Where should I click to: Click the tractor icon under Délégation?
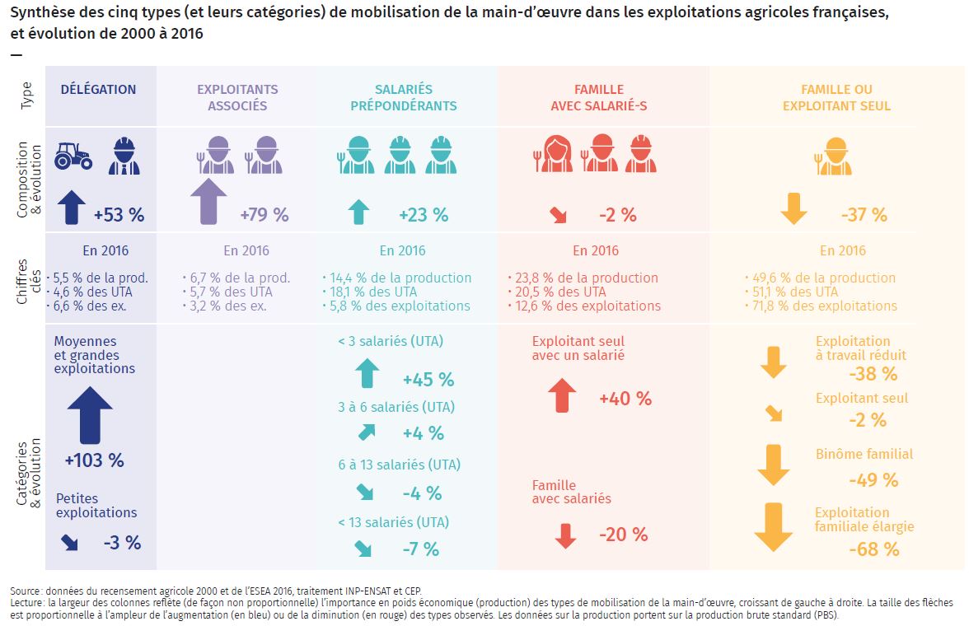click(73, 156)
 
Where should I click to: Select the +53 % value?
click(119, 215)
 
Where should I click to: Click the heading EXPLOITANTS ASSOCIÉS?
click(237, 97)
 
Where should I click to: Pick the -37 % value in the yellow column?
click(864, 215)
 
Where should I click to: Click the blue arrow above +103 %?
click(90, 416)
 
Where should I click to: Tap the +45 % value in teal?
click(428, 380)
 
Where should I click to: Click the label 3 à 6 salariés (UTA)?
click(396, 407)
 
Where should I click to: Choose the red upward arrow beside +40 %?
click(563, 395)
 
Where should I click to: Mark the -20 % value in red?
click(623, 535)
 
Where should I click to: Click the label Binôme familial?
click(864, 454)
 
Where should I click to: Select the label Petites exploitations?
click(96, 506)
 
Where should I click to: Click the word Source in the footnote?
click(25, 591)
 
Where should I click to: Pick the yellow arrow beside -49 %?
click(773, 465)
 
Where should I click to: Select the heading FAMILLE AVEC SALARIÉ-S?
click(599, 97)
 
